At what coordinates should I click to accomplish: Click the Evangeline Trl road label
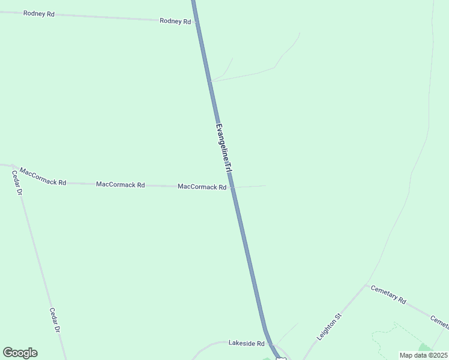click(x=223, y=149)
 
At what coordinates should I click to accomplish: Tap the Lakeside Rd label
click(x=246, y=343)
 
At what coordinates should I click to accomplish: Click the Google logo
click(x=20, y=353)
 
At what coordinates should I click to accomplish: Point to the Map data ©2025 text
click(x=423, y=355)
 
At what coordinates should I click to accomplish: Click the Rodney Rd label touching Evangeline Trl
click(x=175, y=21)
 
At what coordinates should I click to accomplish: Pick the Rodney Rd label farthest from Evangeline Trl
click(x=38, y=13)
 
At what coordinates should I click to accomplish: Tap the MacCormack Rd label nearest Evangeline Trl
click(x=202, y=187)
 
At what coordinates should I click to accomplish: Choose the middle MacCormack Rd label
click(x=120, y=184)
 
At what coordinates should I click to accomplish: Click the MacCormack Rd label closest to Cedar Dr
click(x=43, y=176)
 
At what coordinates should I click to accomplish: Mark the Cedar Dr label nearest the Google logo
click(x=55, y=320)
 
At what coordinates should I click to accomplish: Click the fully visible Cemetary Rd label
click(x=388, y=295)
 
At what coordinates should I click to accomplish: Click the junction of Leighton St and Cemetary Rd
click(x=366, y=286)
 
